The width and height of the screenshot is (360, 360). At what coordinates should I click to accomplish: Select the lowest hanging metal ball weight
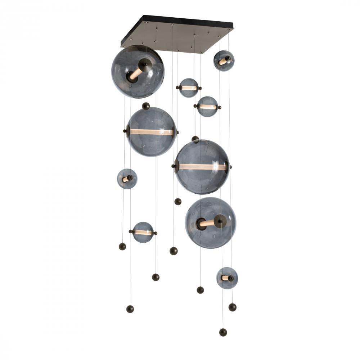coord(223,332)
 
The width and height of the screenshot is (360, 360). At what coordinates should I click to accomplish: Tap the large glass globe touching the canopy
coord(138,71)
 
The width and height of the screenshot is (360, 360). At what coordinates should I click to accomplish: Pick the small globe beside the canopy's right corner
coord(224,60)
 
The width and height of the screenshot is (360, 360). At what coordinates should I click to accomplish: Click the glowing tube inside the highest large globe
coord(136,73)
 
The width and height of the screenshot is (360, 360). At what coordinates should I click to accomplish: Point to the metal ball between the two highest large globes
coord(146,106)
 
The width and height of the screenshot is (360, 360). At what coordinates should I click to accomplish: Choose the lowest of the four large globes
coord(211,222)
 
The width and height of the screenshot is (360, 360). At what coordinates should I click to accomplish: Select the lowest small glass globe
coord(227,278)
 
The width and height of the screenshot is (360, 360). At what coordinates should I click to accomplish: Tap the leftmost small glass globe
coord(127,179)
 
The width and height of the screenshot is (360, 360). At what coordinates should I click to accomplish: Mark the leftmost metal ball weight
coord(122,246)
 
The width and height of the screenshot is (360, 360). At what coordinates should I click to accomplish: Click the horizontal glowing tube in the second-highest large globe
coord(151,132)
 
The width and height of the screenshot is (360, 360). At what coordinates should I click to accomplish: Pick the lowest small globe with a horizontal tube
coord(143,232)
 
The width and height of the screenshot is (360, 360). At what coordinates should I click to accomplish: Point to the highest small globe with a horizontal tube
coord(189,88)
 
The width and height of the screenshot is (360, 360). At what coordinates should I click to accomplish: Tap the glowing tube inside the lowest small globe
coord(225,278)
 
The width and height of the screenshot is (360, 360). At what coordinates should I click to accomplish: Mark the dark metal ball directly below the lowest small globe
coord(232,307)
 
